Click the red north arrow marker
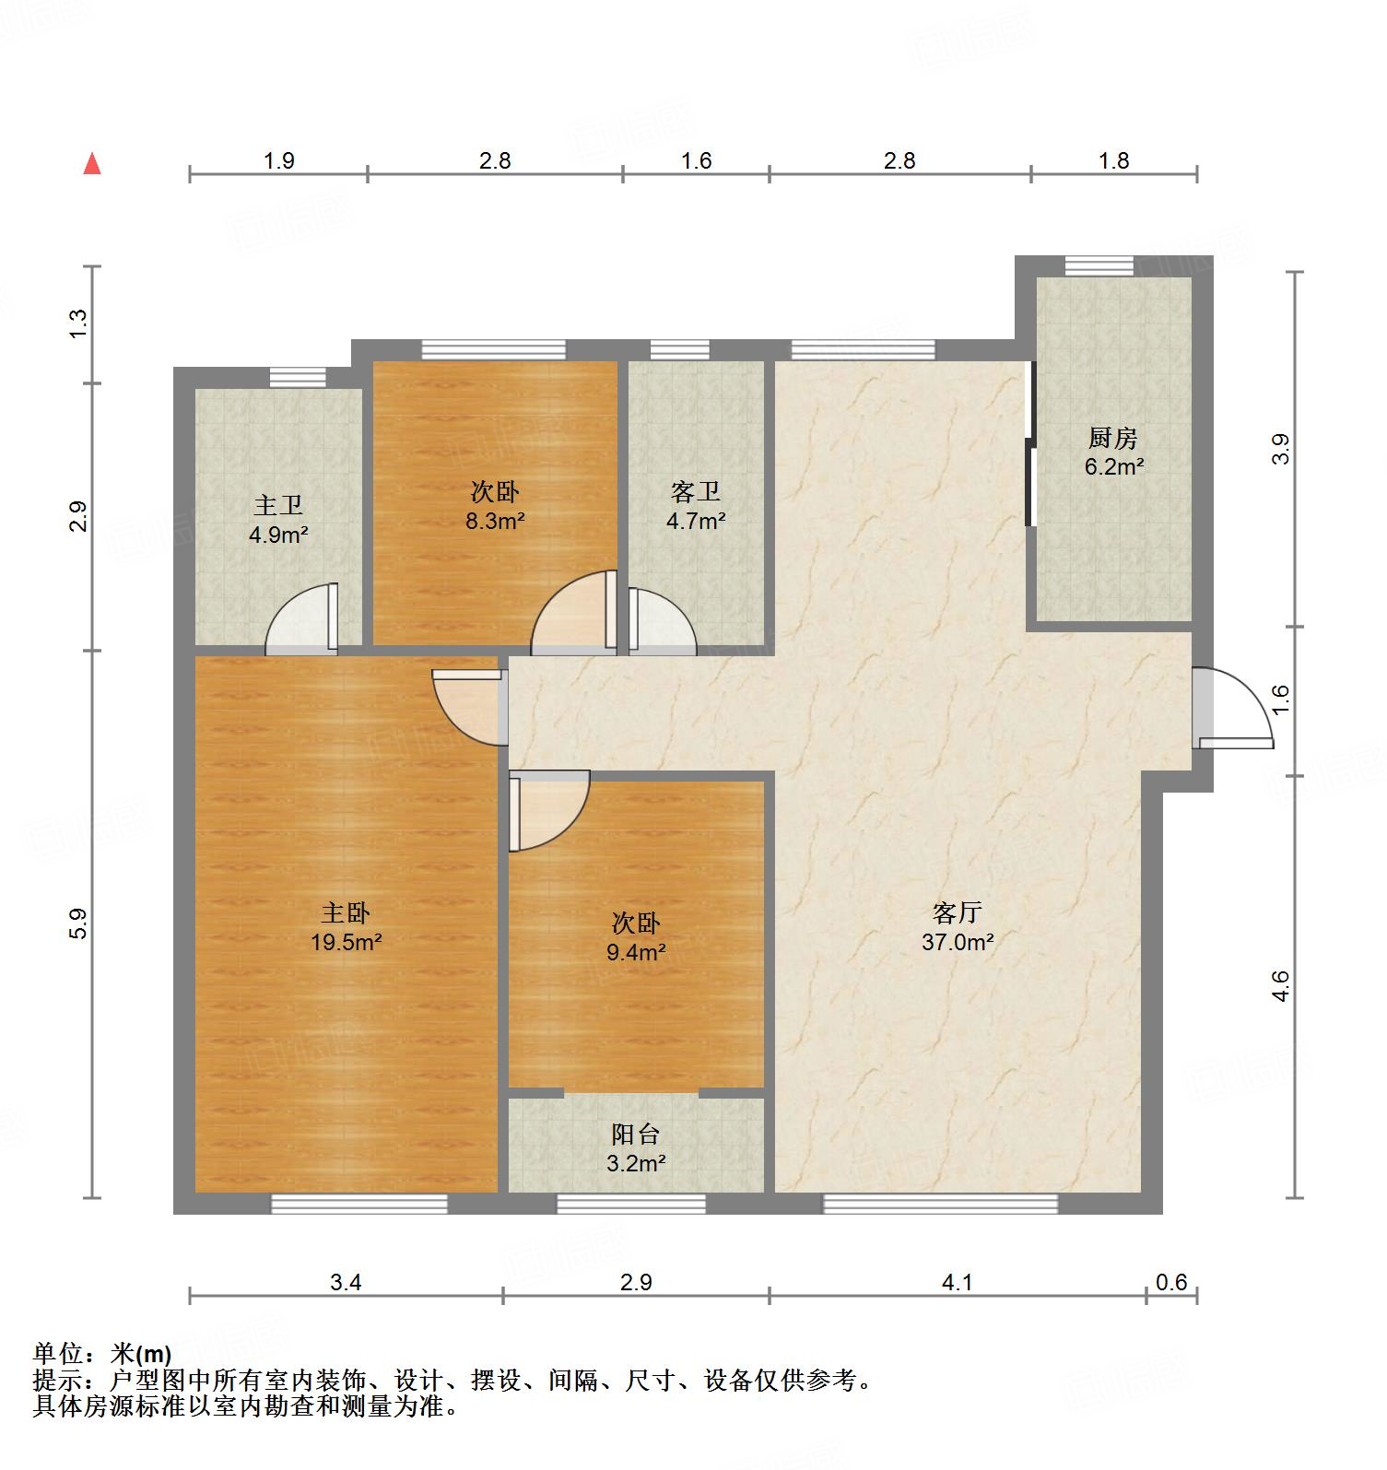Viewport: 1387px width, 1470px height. tap(92, 164)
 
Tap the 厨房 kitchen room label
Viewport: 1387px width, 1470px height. tap(1113, 438)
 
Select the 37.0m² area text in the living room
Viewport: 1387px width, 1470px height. tap(958, 943)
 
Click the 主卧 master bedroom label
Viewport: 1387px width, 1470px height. tap(346, 913)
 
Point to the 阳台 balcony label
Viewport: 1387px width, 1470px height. tap(636, 1135)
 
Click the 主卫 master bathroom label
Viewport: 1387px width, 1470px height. tap(278, 505)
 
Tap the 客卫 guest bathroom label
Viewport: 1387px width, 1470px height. tap(696, 492)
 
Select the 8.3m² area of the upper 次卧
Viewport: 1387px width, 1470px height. tap(495, 522)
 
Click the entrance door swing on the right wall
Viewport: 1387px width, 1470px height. tap(1235, 710)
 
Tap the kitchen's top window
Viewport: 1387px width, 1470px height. tap(1099, 266)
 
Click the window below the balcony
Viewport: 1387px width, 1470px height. tap(631, 1204)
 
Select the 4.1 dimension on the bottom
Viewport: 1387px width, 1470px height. tap(958, 1282)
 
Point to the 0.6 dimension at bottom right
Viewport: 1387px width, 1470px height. tap(1171, 1282)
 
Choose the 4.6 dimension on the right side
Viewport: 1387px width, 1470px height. tap(1280, 986)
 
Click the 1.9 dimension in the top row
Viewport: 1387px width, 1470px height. tap(278, 160)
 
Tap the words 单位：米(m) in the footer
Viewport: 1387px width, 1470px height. tap(102, 1354)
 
